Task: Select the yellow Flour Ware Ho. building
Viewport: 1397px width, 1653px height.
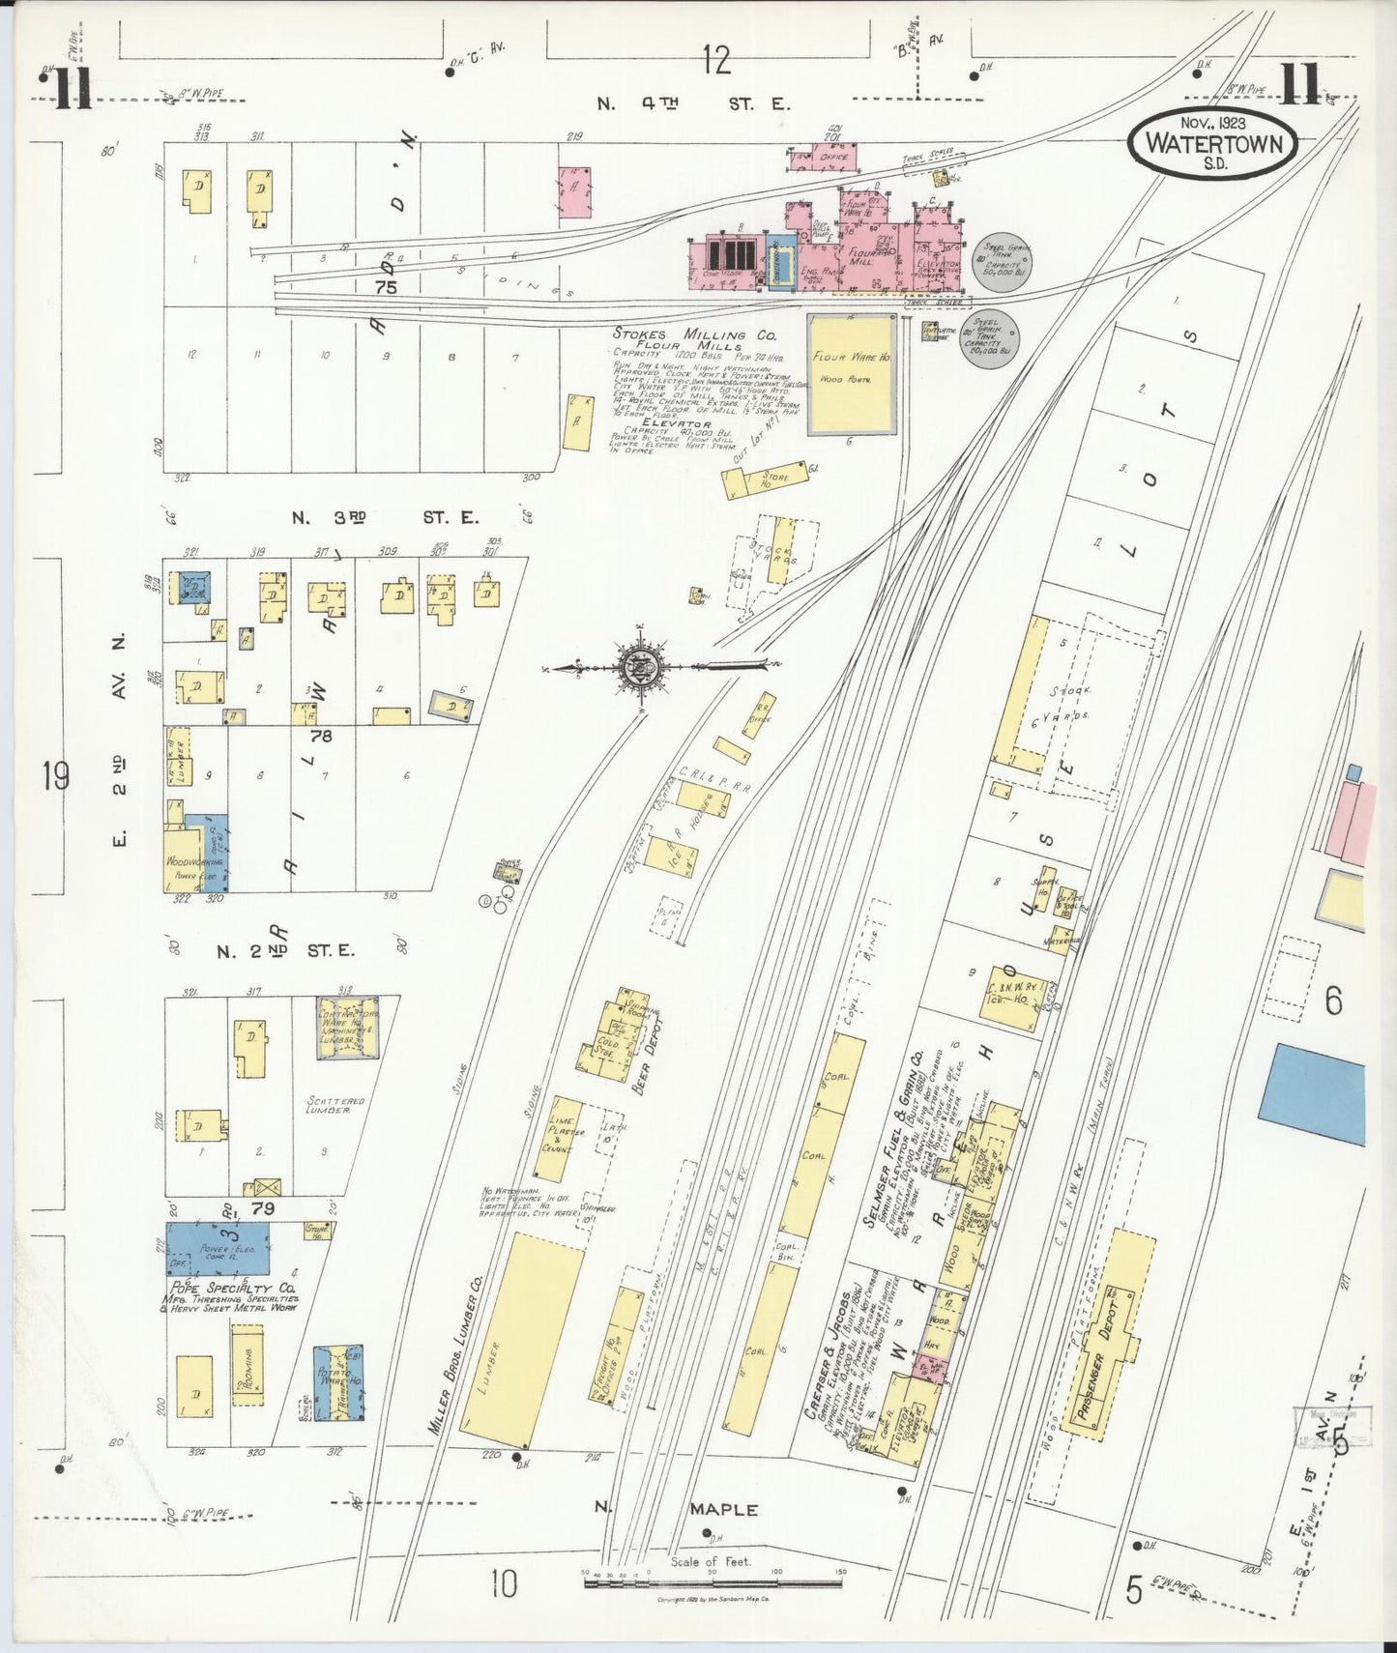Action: pyautogui.click(x=851, y=373)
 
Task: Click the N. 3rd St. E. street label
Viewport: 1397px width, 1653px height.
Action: pyautogui.click(x=385, y=517)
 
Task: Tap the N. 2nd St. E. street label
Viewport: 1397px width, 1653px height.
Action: pyautogui.click(x=285, y=950)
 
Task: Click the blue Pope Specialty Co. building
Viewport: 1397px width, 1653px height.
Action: pyautogui.click(x=218, y=1248)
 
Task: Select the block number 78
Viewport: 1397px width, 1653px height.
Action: pyautogui.click(x=321, y=737)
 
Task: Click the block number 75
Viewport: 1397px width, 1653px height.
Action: pyautogui.click(x=386, y=287)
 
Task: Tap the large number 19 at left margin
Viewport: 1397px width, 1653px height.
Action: pyautogui.click(x=56, y=775)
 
